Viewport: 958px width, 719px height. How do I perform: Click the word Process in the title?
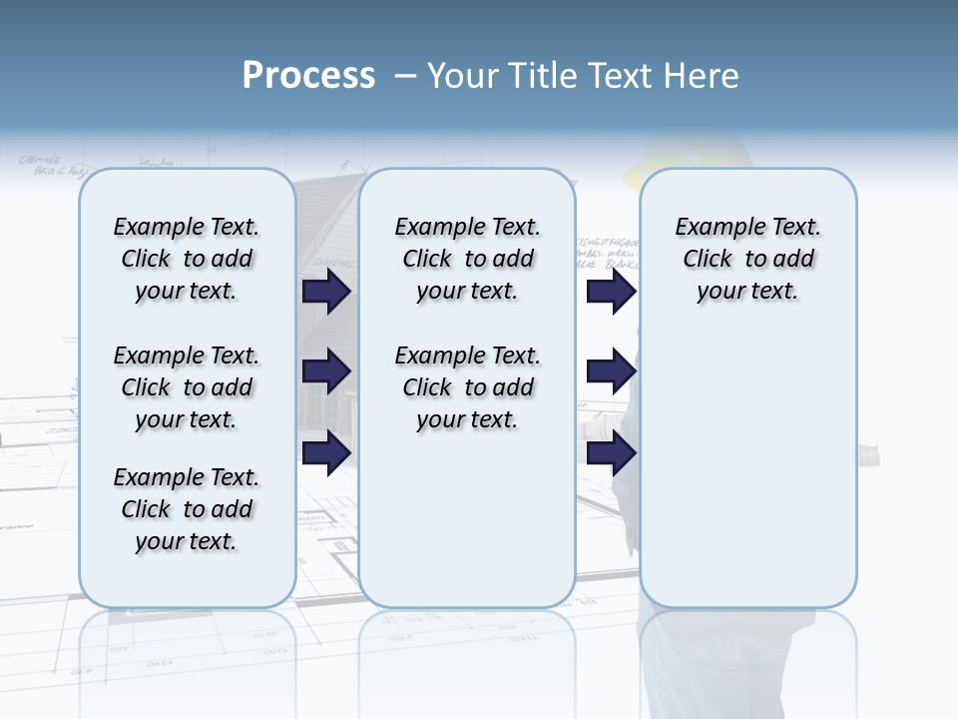coord(308,75)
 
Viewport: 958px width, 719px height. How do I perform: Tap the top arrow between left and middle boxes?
coord(326,291)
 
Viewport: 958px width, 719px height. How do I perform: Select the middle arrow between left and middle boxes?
coord(326,370)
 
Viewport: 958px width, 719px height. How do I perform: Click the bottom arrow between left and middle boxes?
coord(326,452)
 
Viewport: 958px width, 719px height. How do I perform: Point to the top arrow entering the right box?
coord(611,291)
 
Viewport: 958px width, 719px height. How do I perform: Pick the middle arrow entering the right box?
coord(611,370)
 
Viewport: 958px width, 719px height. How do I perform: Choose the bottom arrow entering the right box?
coord(611,452)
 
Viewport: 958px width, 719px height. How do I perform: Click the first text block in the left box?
coord(187,259)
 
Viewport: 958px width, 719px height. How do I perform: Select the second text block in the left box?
coord(187,387)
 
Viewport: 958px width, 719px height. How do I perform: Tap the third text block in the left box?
coord(187,509)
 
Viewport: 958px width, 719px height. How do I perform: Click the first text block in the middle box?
coord(467,259)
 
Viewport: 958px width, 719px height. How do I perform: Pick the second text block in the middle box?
coord(467,387)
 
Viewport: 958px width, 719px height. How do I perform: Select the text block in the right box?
coord(747,259)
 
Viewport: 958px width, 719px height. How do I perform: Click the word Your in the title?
coord(463,76)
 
